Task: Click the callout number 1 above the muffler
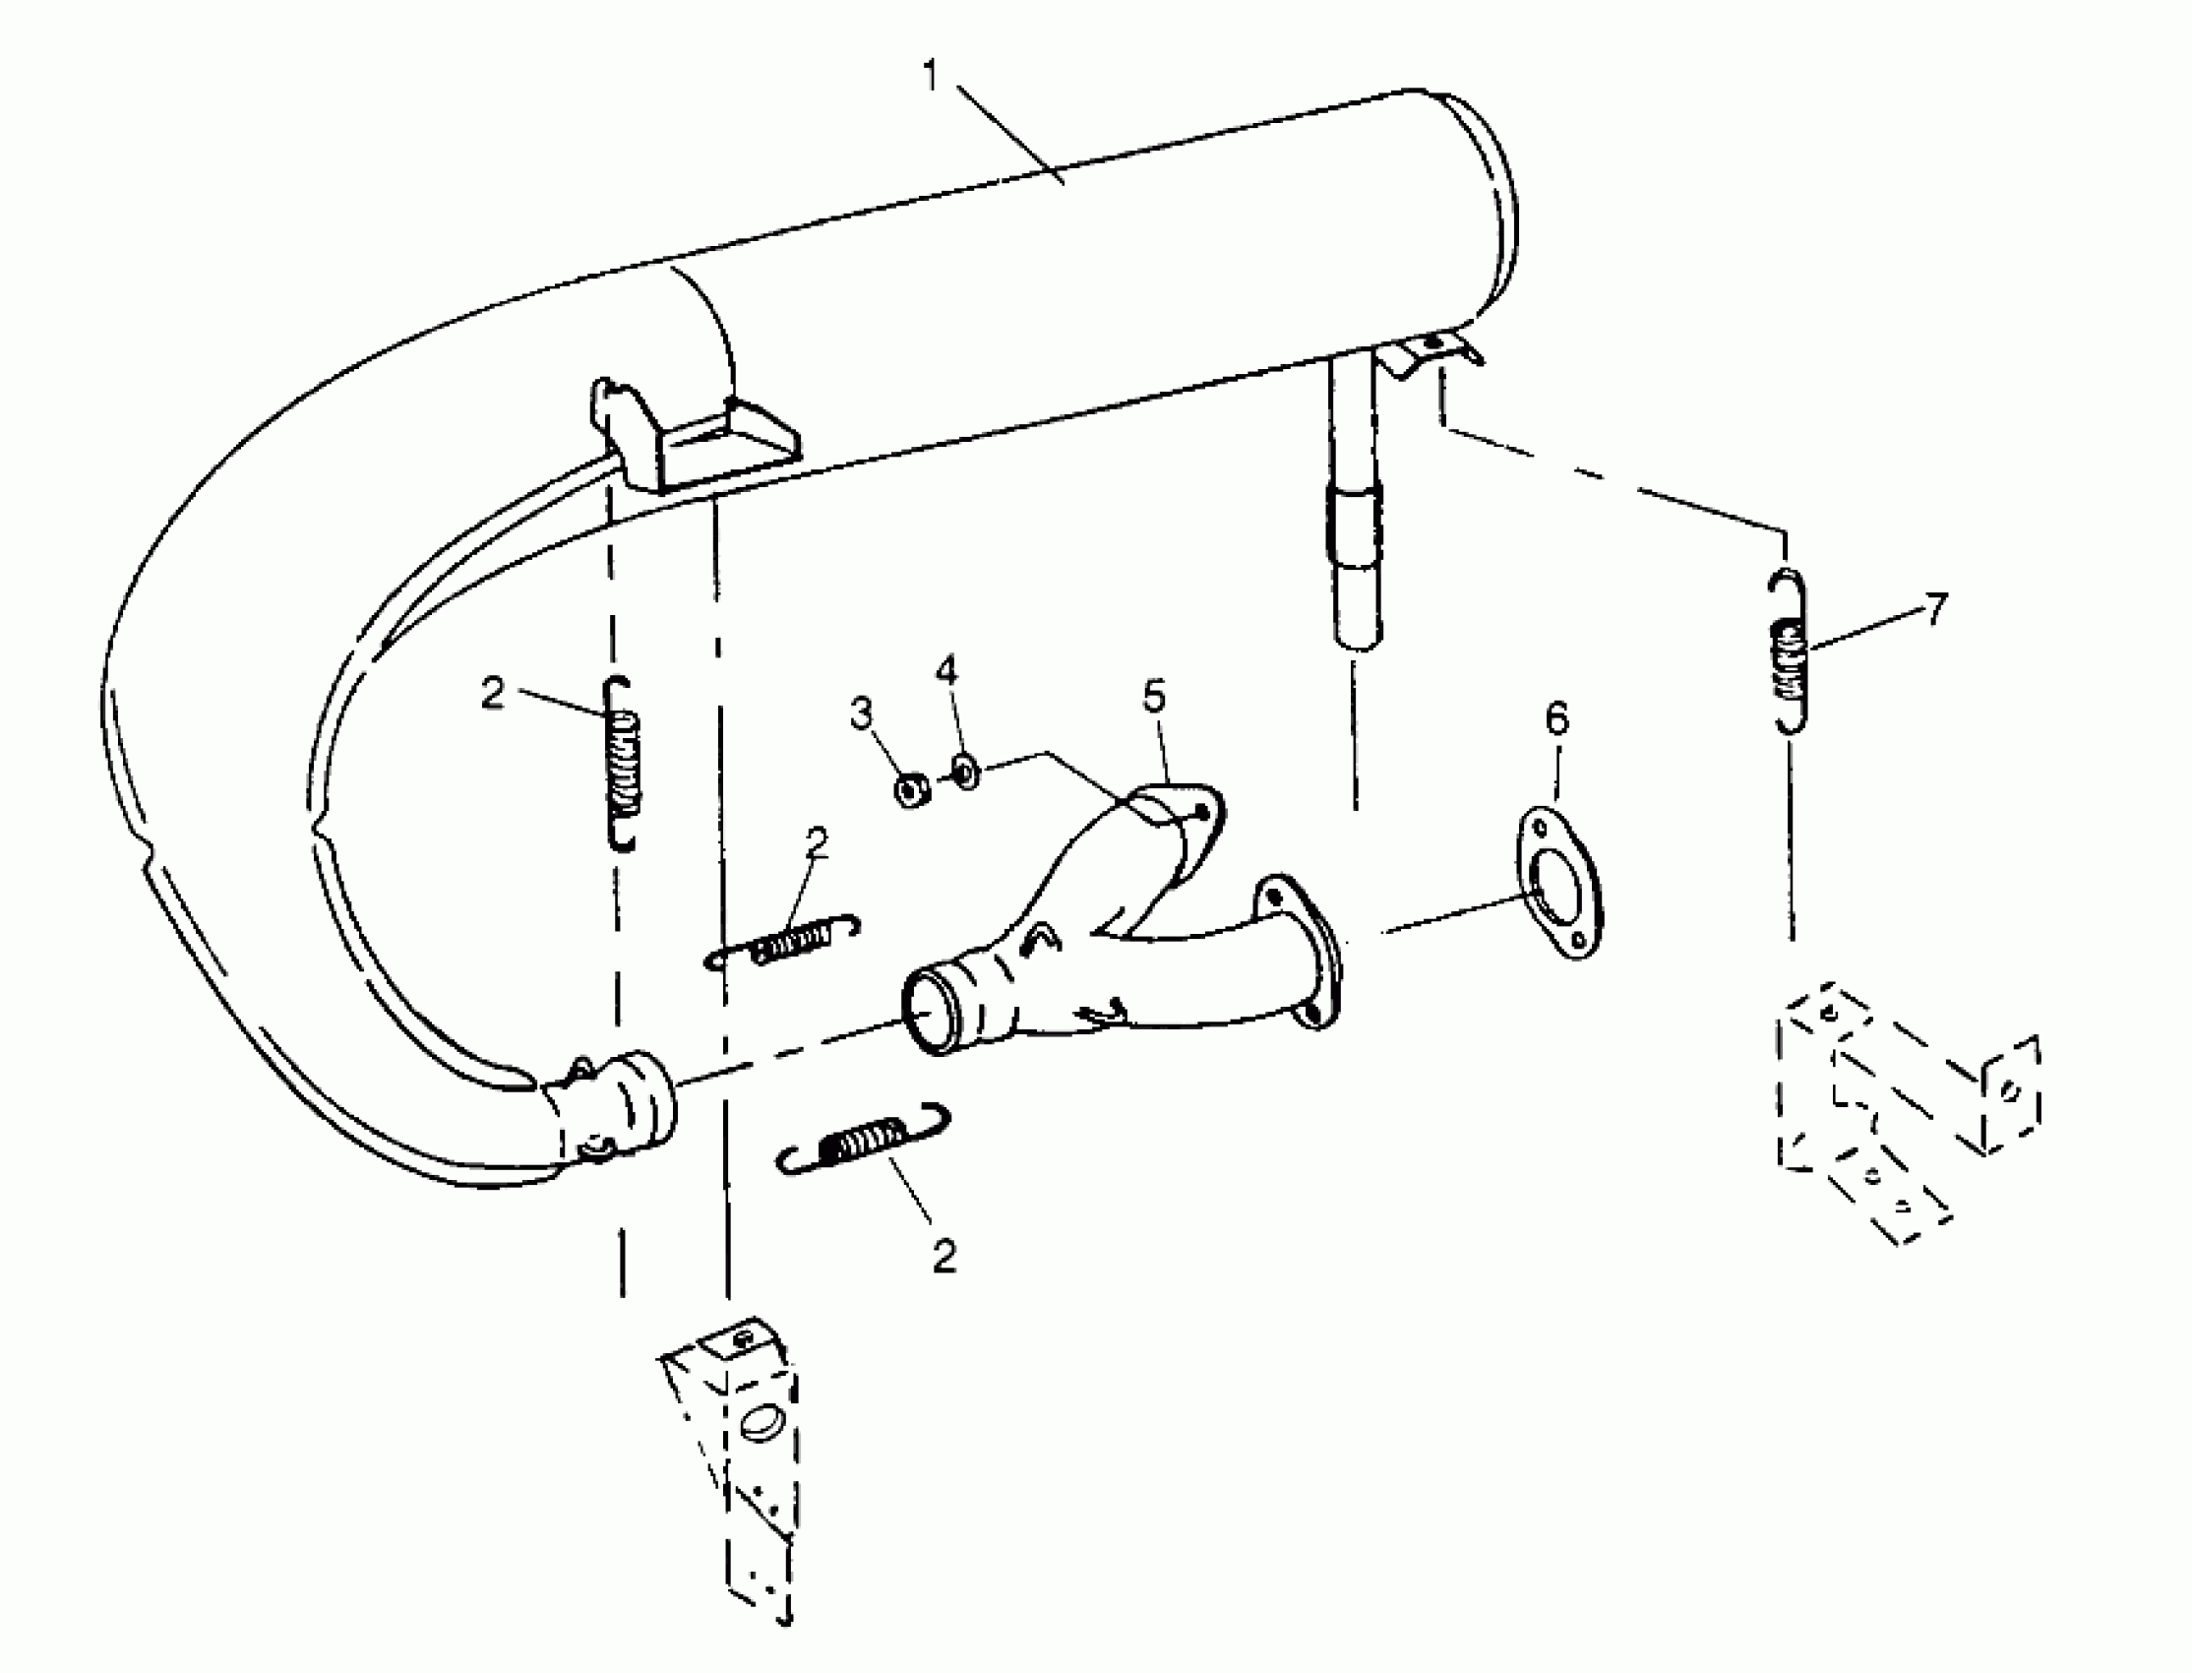click(931, 75)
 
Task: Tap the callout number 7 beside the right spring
click(1933, 608)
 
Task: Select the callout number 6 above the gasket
click(1556, 718)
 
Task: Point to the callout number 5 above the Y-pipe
click(1154, 697)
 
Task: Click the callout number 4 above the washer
click(945, 671)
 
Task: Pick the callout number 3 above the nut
click(861, 713)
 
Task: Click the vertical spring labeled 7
click(1789, 652)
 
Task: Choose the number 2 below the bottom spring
click(944, 1257)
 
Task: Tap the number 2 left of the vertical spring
click(493, 694)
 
